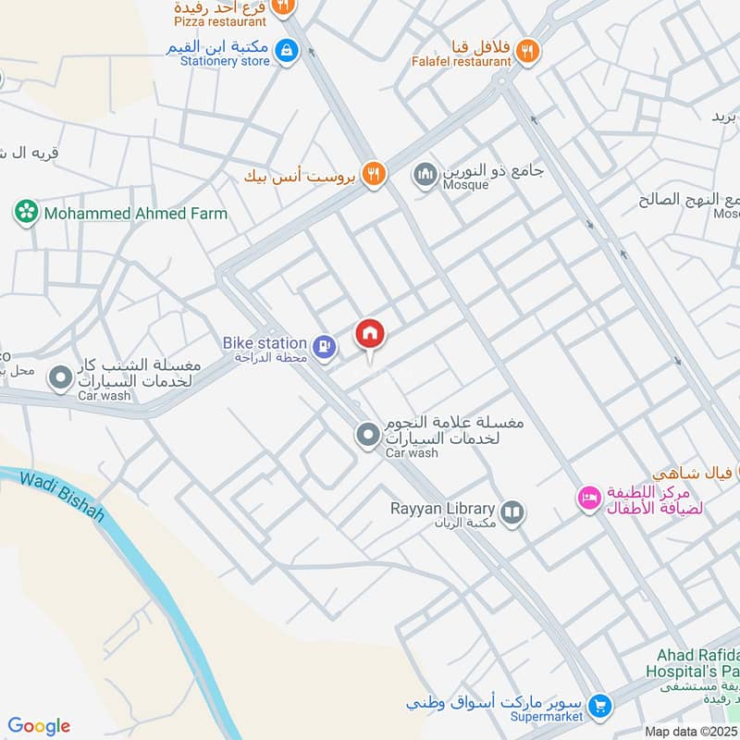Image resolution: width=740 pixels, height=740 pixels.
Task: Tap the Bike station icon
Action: click(x=324, y=347)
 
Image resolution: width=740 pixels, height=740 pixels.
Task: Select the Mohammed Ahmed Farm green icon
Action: click(x=26, y=214)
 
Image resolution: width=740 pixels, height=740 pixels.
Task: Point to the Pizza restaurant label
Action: click(x=220, y=21)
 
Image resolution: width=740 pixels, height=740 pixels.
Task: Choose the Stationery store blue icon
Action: click(x=287, y=50)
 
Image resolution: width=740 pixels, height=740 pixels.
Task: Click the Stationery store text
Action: click(x=219, y=61)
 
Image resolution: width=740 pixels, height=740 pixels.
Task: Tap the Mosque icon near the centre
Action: click(x=425, y=174)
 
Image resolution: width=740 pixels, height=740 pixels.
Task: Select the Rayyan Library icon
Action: click(x=512, y=511)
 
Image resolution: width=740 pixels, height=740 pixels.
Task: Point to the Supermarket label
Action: click(x=547, y=716)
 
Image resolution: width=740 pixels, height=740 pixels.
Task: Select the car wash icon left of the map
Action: click(x=61, y=378)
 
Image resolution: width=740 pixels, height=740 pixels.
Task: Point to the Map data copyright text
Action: click(x=691, y=731)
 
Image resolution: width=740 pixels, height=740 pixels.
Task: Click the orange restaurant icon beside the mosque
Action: click(x=373, y=174)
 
